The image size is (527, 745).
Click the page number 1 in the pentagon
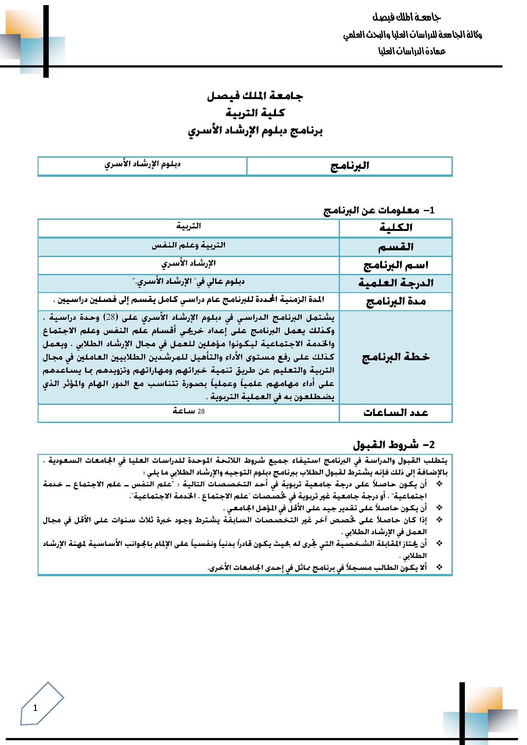coord(35,708)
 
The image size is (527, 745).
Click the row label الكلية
coord(396,227)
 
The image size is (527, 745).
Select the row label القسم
coord(396,247)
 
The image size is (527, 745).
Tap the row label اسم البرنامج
coord(396,265)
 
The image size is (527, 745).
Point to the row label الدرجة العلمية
coord(396,283)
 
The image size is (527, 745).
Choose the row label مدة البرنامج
coord(396,301)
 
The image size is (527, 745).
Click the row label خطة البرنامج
coord(396,357)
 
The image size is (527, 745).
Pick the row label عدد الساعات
coord(396,412)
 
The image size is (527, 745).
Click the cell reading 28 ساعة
coord(189,411)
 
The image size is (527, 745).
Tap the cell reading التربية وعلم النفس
coord(189,245)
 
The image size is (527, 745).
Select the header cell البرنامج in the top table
coord(350,166)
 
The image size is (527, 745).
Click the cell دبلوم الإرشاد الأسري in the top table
coord(142,164)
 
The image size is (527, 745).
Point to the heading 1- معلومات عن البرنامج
coord(379,210)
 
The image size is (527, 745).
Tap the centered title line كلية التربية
coord(255,113)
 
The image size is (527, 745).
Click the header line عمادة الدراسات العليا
coord(412,51)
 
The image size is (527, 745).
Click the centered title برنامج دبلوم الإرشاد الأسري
coord(255,131)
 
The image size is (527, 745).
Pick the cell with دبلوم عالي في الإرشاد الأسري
coord(189,282)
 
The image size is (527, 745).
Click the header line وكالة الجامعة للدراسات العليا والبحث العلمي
coord(412,35)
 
